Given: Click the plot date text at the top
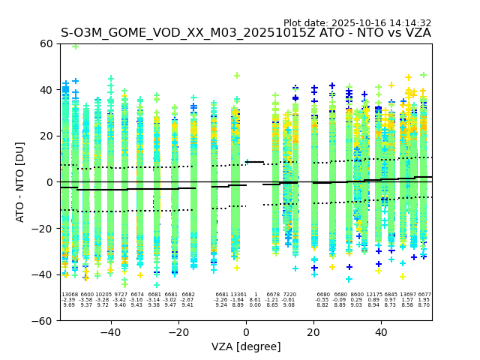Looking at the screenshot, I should pyautogui.click(x=357, y=23).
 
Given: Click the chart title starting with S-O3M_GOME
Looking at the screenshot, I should pyautogui.click(x=246, y=33).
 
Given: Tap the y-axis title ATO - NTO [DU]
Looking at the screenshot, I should pyautogui.click(x=20, y=181).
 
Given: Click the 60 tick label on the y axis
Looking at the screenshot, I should pyautogui.click(x=46, y=43).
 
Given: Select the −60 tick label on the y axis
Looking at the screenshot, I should pyautogui.click(x=43, y=320).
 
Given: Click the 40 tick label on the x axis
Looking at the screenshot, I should pyautogui.click(x=381, y=331).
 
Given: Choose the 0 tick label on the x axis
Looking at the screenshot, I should pyautogui.click(x=246, y=331).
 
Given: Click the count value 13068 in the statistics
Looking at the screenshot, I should pyautogui.click(x=70, y=295).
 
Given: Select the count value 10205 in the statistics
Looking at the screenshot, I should pyautogui.click(x=103, y=295).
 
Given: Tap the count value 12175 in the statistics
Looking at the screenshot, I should pyautogui.click(x=373, y=295).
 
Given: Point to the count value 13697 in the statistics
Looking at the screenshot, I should pyautogui.click(x=408, y=295).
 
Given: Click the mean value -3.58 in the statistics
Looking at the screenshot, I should pyautogui.click(x=86, y=300).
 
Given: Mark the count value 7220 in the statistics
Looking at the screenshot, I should pyautogui.click(x=289, y=295).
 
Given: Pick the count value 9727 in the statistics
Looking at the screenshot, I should pyautogui.click(x=120, y=295).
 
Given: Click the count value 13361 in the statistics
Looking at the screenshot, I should pyautogui.click(x=238, y=295).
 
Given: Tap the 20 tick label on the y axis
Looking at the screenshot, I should pyautogui.click(x=46, y=136).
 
